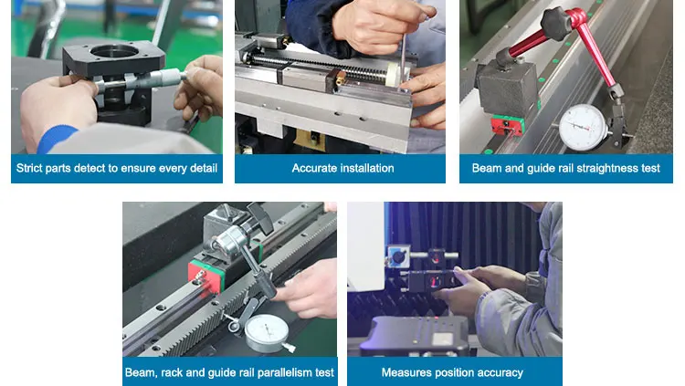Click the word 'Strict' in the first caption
coord(29,168)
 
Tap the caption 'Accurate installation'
coord(342,168)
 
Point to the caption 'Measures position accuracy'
coord(452,372)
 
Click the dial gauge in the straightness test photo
coord(583,128)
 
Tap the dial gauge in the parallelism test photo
coord(267,333)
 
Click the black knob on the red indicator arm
coord(556,23)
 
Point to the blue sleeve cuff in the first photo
coord(56,138)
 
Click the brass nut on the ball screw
coord(341,78)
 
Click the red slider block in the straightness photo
coord(507,125)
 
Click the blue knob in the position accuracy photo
coord(398,256)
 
